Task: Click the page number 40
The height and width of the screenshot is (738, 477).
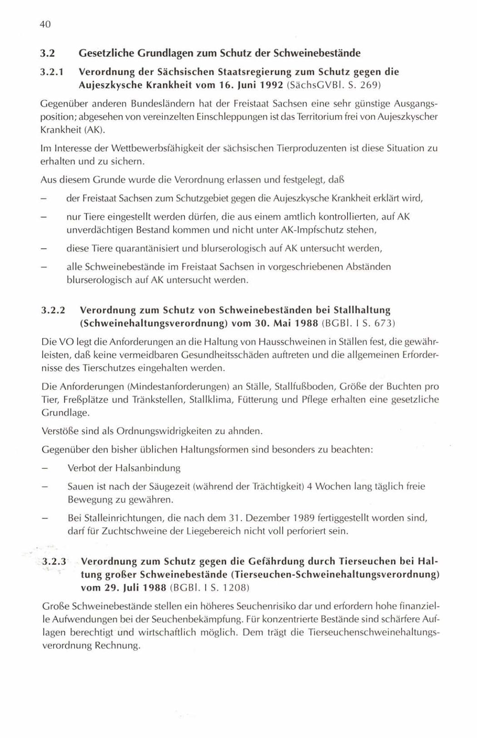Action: pos(45,25)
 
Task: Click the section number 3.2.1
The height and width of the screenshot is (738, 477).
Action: pos(51,72)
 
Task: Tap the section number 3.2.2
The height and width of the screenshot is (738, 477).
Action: pos(53,310)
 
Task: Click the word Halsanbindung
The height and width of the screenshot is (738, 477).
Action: pos(148,468)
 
